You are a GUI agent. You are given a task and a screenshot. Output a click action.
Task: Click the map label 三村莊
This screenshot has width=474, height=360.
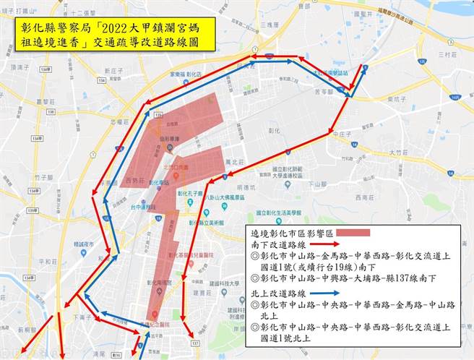coord(447,55)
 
